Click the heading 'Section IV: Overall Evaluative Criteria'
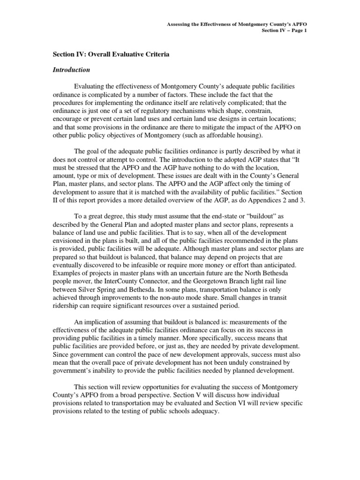(x=111, y=55)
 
